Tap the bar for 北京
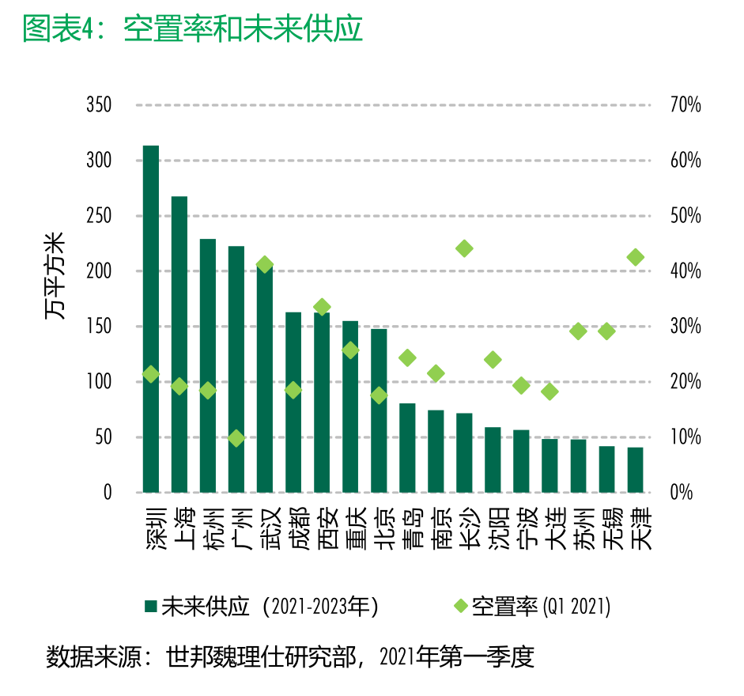[x=379, y=410]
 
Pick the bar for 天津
[x=635, y=470]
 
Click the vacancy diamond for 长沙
[x=464, y=248]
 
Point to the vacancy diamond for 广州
[x=236, y=437]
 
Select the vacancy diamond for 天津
[x=635, y=257]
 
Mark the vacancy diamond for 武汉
[x=265, y=264]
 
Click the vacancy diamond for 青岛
[x=407, y=357]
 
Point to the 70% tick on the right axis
[x=685, y=105]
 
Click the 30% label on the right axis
[x=685, y=327]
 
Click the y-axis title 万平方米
[x=55, y=277]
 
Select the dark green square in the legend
[x=150, y=607]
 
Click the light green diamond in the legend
[x=460, y=607]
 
